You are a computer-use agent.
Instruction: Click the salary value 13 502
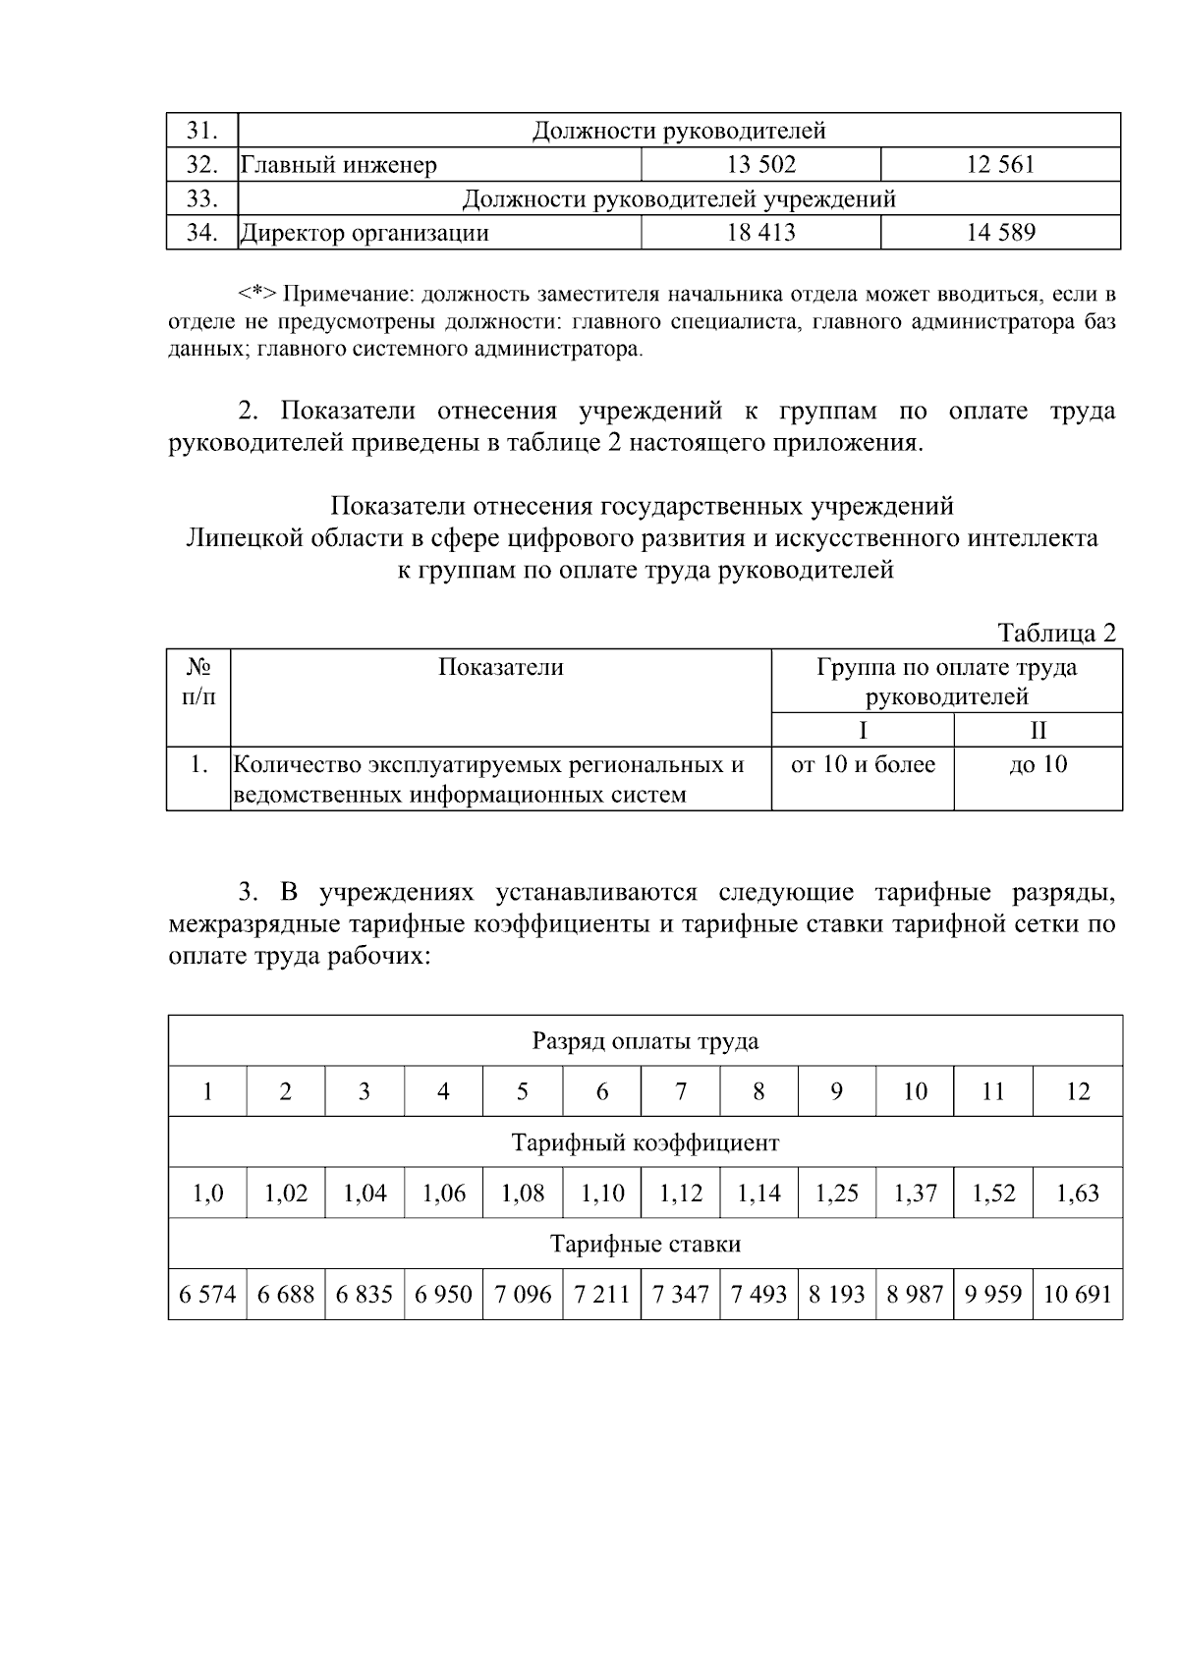click(760, 165)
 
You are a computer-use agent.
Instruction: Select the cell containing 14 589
click(1000, 233)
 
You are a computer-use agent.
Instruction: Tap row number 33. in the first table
click(201, 198)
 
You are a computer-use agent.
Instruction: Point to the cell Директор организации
click(365, 233)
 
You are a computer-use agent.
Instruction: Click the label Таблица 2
click(1056, 634)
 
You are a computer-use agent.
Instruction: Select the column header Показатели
click(500, 668)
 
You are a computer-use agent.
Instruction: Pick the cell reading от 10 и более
click(863, 764)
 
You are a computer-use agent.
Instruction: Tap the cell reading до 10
click(1038, 764)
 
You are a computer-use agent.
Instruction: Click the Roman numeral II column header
click(1038, 730)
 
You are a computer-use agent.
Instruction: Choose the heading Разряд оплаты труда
click(645, 1041)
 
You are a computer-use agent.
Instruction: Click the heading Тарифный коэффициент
click(645, 1143)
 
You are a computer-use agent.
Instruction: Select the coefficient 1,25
click(836, 1194)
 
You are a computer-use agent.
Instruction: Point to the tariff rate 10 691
click(1077, 1295)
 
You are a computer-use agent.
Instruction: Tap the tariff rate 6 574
click(207, 1295)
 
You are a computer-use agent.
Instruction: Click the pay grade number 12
click(1078, 1092)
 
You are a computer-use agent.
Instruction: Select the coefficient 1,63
click(1078, 1194)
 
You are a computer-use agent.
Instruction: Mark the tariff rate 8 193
click(836, 1295)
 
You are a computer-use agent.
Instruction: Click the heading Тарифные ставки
click(645, 1245)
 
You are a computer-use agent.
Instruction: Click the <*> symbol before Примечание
click(258, 294)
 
